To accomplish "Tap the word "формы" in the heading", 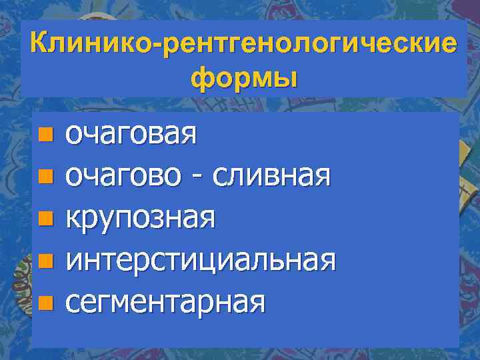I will pyautogui.click(x=243, y=78).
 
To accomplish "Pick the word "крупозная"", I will pyautogui.click(x=139, y=219).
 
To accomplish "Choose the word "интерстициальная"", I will pyautogui.click(x=199, y=260).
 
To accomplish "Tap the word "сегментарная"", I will pyautogui.click(x=165, y=301).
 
